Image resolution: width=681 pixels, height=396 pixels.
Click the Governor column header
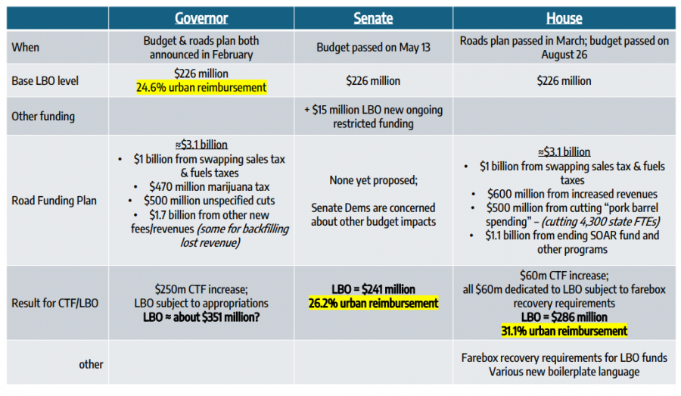(x=201, y=18)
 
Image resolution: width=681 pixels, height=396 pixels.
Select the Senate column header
(x=373, y=18)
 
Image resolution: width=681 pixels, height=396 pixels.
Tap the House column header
(x=564, y=18)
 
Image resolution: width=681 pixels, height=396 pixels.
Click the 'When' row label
(x=26, y=48)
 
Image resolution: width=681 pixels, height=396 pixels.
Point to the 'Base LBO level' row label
(x=45, y=80)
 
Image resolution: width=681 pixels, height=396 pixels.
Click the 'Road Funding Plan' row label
(x=54, y=201)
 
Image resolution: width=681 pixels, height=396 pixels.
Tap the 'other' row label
(x=91, y=364)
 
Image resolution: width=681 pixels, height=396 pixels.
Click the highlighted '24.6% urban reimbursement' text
(x=201, y=88)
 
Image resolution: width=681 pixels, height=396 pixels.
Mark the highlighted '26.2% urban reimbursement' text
(x=373, y=303)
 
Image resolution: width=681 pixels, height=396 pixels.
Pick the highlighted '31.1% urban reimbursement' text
(x=564, y=331)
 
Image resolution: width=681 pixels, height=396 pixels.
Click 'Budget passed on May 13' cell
(x=373, y=48)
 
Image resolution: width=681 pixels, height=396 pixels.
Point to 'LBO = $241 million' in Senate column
(x=373, y=289)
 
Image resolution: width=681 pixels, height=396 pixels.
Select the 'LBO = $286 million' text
(x=564, y=317)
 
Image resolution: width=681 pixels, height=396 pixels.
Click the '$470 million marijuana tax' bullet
(x=201, y=187)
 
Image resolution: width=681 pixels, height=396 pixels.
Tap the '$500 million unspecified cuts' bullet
(x=201, y=201)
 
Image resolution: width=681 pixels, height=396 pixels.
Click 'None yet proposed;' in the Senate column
(x=373, y=180)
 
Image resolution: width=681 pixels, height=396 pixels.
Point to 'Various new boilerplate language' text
(x=564, y=371)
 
